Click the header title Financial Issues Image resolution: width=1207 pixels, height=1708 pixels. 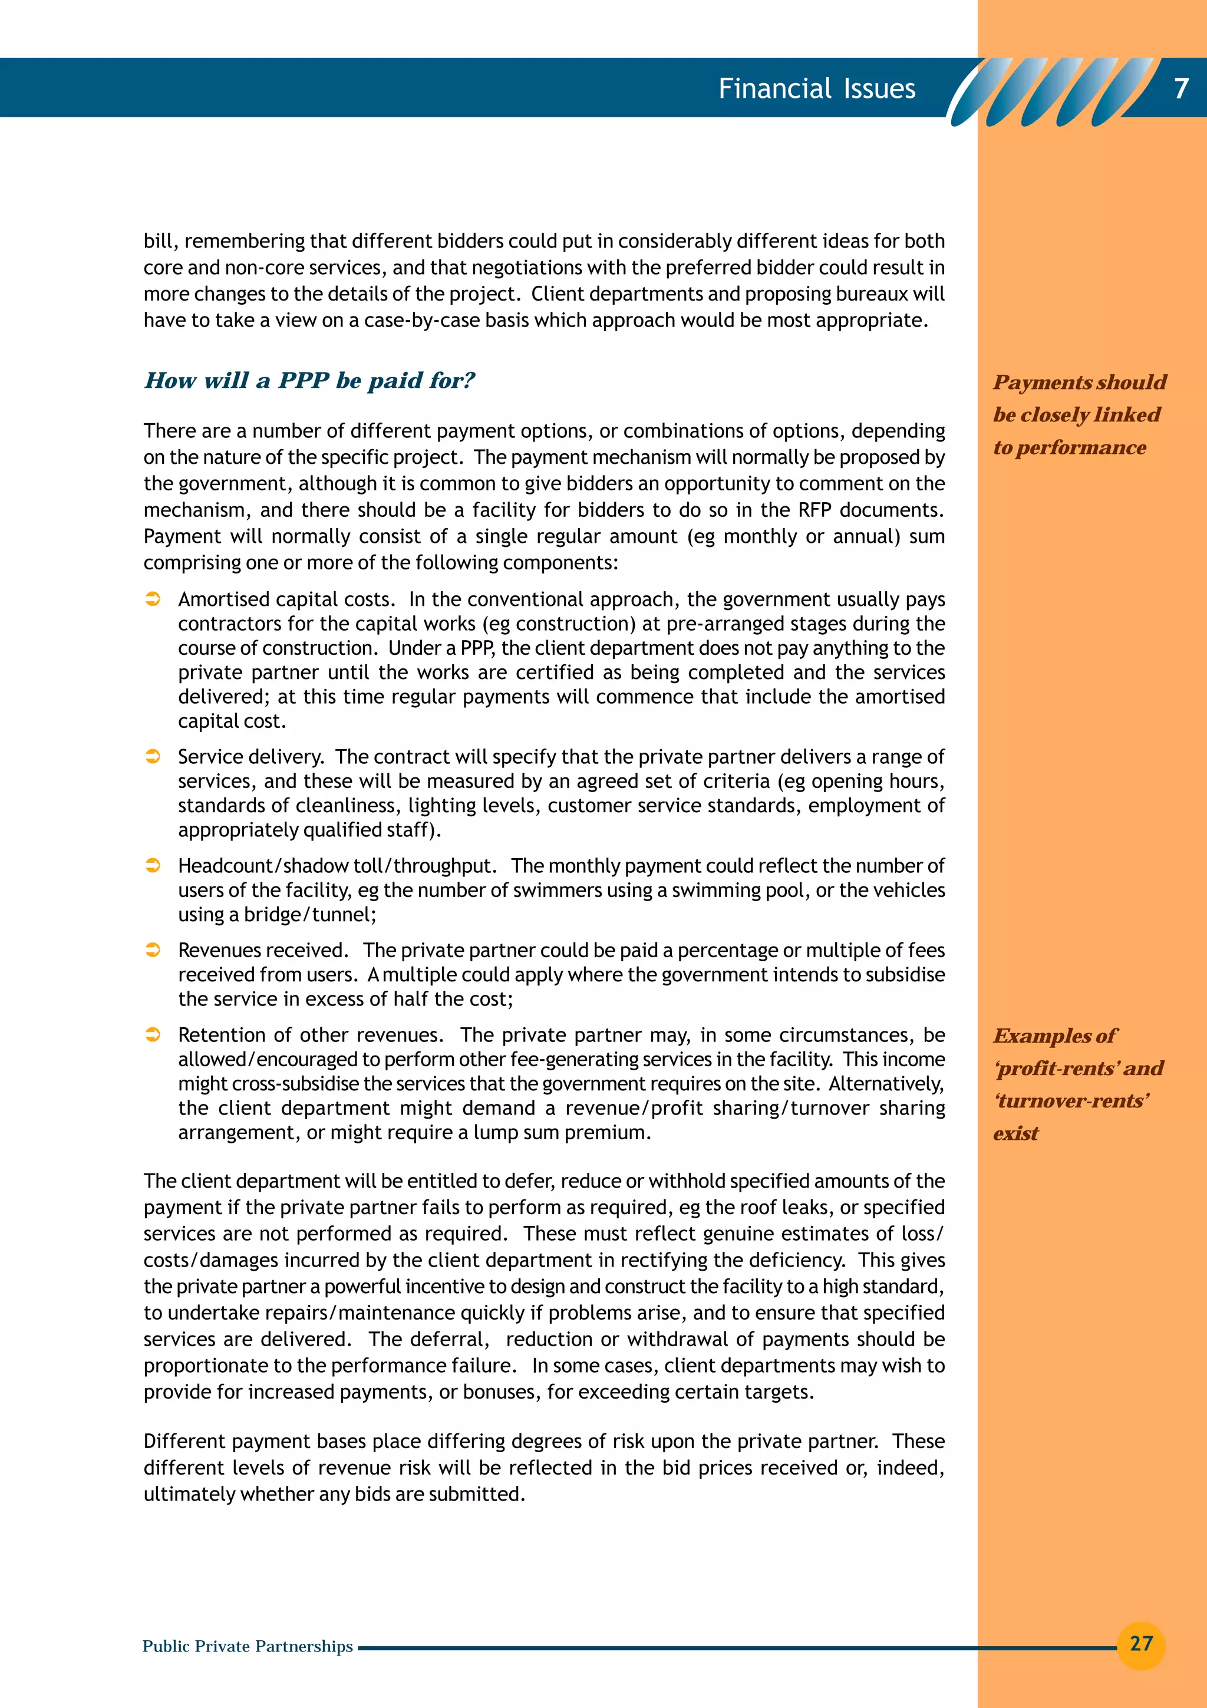coord(817,88)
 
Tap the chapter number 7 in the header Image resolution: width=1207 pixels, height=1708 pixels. coord(1181,88)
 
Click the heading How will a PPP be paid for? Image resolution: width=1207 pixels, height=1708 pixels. coord(309,380)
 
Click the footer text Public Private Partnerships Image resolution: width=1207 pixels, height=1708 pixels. coord(247,1646)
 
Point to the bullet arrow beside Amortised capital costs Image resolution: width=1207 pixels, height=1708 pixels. coord(153,599)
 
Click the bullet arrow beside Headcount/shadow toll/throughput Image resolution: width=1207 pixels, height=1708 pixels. coord(153,866)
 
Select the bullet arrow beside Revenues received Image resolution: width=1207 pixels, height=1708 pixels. coord(153,950)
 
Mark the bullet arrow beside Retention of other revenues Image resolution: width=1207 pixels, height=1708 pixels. coord(153,1035)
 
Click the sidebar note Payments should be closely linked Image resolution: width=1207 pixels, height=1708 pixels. coord(1079,414)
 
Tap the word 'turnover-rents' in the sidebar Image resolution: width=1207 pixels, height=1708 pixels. coord(1071,1100)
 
